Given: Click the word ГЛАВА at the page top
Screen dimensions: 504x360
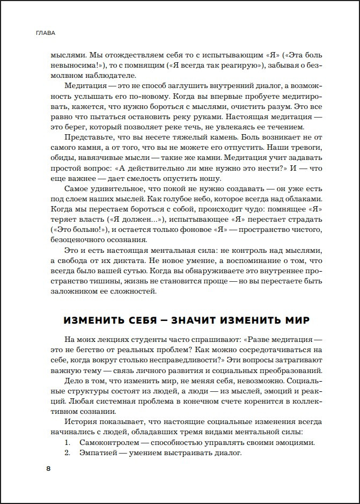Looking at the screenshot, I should pos(44,33).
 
